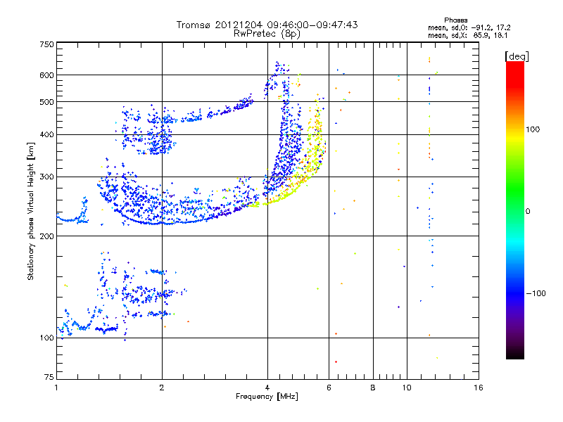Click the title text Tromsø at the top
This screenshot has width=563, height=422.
click(x=194, y=25)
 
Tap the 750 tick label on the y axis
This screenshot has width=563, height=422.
click(x=46, y=44)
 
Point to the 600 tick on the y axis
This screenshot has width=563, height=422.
click(x=46, y=75)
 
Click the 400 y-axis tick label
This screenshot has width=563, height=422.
click(x=46, y=135)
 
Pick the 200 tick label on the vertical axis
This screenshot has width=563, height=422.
click(x=46, y=236)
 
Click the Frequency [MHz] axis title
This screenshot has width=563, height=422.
click(x=267, y=397)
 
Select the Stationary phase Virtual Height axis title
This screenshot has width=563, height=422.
click(x=31, y=211)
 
